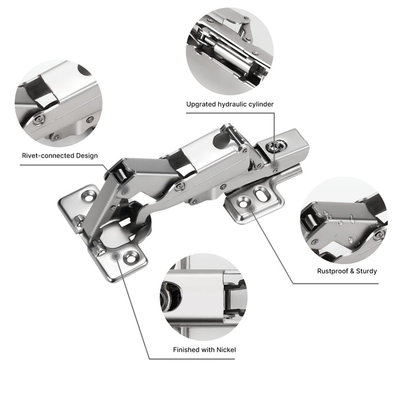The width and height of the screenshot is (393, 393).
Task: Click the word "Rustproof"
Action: tap(332, 271)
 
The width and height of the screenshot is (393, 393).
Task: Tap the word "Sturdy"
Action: tap(367, 271)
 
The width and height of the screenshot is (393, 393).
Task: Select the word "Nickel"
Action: tap(226, 350)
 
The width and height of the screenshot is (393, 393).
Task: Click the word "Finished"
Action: tap(184, 350)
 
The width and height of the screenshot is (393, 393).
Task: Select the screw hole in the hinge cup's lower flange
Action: tap(131, 258)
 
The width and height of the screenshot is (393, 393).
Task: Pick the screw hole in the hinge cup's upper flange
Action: tap(88, 196)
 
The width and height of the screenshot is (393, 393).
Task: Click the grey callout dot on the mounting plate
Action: tap(251, 208)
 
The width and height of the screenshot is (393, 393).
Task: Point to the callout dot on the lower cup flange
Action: tap(116, 256)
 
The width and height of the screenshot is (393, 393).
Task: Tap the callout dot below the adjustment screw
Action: tap(275, 164)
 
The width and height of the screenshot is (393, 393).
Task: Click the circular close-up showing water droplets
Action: tap(344, 220)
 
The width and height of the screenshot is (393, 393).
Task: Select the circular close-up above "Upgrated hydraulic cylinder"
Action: tap(230, 52)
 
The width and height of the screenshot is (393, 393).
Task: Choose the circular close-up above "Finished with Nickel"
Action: tap(204, 297)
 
